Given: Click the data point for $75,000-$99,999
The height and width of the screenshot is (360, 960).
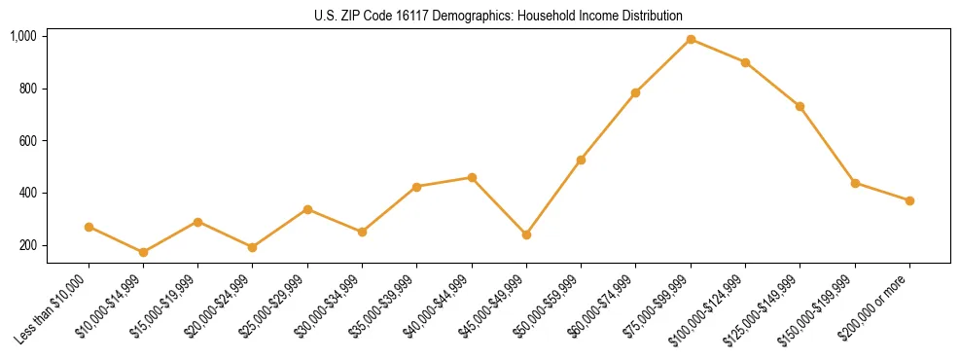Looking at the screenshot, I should click(x=691, y=39).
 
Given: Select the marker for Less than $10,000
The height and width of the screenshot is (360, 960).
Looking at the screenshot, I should click(x=89, y=227).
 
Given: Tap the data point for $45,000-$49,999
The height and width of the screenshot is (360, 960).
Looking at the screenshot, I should click(x=526, y=234).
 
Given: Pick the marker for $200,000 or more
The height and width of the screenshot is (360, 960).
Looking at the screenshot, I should click(x=909, y=200).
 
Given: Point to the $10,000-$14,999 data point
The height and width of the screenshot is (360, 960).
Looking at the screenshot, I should click(x=143, y=252).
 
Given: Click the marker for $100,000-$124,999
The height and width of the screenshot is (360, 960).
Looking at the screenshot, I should click(x=745, y=62).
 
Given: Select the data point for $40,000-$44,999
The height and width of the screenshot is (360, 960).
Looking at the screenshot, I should click(x=472, y=177).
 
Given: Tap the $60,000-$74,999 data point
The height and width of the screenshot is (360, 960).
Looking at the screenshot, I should click(x=635, y=92).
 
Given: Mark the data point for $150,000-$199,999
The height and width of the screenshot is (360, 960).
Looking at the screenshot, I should click(x=855, y=183).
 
